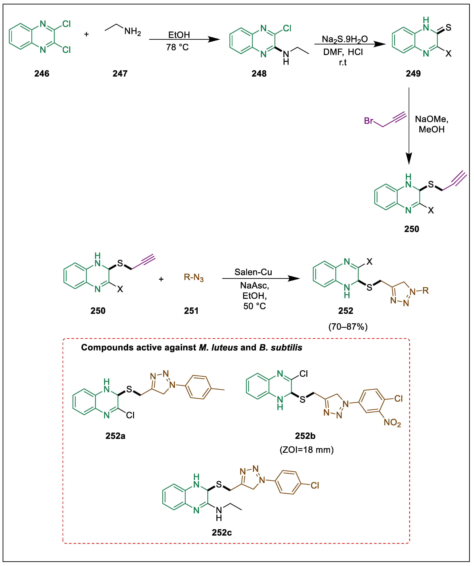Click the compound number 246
pyautogui.click(x=42, y=74)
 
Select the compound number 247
pyautogui.click(x=120, y=74)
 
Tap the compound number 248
pyautogui.click(x=259, y=74)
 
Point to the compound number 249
pyautogui.click(x=413, y=74)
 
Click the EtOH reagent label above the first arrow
pyautogui.click(x=179, y=35)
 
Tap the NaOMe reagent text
pyautogui.click(x=431, y=119)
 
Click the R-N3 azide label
pyautogui.click(x=194, y=277)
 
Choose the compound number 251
pyautogui.click(x=191, y=311)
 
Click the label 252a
pyautogui.click(x=115, y=436)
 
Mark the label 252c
pyautogui.click(x=222, y=533)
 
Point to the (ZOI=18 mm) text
pyautogui.click(x=307, y=450)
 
